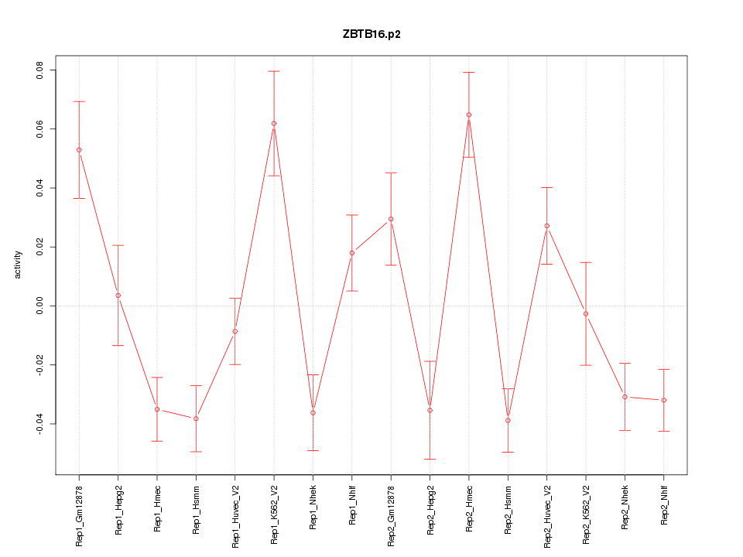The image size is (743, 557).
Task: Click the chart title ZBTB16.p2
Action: [x=371, y=34]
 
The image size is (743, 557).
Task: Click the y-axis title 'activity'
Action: [x=19, y=265]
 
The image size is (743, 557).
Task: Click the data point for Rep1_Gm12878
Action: [x=79, y=150]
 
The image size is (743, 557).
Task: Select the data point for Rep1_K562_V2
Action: [x=274, y=124]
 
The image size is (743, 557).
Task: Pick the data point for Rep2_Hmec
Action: [x=469, y=115]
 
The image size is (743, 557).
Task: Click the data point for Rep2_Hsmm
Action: [x=508, y=421]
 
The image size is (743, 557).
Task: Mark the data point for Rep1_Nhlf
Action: [x=352, y=253]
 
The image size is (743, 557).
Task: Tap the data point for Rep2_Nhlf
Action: [x=664, y=400]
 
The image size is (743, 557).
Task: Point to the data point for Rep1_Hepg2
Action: [x=118, y=296]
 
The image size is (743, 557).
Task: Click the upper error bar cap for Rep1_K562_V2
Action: [x=274, y=71]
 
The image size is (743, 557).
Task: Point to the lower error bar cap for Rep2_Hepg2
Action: [x=430, y=460]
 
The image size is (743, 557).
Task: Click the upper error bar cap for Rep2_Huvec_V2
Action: [x=547, y=187]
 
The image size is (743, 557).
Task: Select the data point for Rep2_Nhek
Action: [x=625, y=397]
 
